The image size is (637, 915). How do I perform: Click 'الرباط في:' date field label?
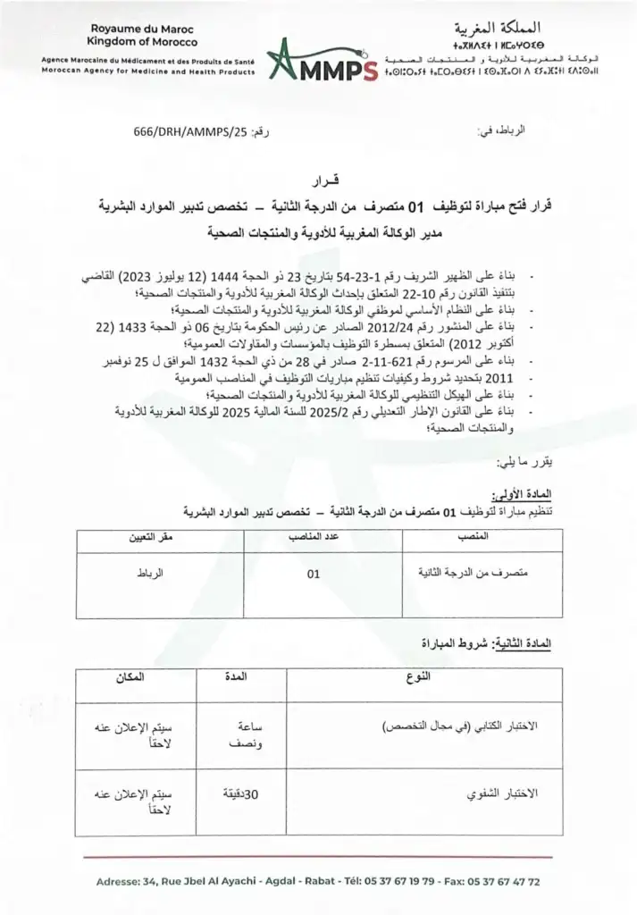[x=505, y=131]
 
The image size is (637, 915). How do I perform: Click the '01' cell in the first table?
[x=313, y=575]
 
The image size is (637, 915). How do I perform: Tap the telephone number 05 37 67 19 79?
[x=390, y=881]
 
